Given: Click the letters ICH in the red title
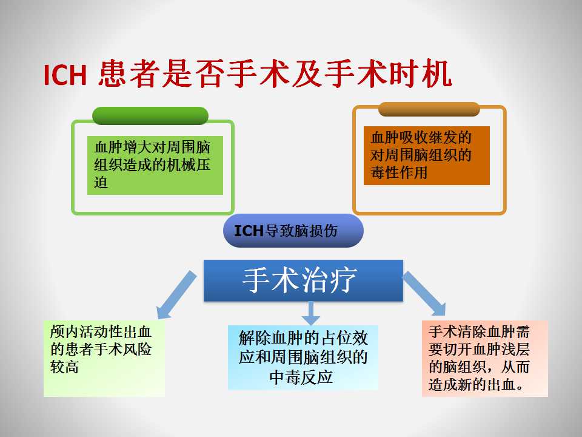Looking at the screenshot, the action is coord(65,75).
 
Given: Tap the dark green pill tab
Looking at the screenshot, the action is coord(150,115).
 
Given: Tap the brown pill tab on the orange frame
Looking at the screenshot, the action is coord(429,109).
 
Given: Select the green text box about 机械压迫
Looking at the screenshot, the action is coord(155,165).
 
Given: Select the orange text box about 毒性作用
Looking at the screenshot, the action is coord(427,155).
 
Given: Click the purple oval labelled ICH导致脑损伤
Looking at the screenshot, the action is coord(293,231).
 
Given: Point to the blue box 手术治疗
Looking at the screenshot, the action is coord(303,280).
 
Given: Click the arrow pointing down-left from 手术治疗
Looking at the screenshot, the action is coord(176,295).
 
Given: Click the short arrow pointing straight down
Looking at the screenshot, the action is coord(311,313).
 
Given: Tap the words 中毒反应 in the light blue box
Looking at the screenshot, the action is coord(301,377).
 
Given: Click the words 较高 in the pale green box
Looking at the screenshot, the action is coord(64,367).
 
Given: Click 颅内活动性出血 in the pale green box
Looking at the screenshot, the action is coord(101,331).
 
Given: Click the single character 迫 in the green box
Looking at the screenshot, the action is coord(101,183).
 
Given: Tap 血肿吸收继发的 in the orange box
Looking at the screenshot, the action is coord(421,137).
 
